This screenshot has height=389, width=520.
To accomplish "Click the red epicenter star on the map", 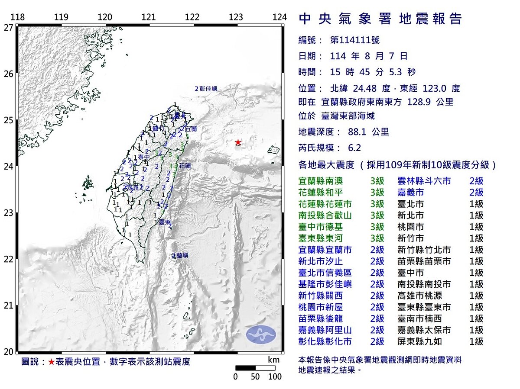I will [x=237, y=142].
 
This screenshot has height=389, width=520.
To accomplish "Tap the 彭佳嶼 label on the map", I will [x=208, y=89].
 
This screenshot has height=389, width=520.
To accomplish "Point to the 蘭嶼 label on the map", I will [x=181, y=256].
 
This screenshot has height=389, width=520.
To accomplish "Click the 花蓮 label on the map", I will [x=185, y=165].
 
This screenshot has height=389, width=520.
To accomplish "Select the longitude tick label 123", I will [x=236, y=17].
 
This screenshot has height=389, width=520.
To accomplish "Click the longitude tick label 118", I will [x=17, y=17].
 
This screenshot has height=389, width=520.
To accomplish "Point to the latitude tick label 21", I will [x=8, y=305].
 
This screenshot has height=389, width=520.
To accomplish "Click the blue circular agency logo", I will [x=261, y=334].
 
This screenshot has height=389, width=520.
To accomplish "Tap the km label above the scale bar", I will [x=273, y=360].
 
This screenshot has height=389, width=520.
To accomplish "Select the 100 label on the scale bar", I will [x=275, y=376].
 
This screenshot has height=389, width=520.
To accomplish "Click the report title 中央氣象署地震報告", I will [x=381, y=19].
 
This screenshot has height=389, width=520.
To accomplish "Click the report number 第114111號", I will [x=354, y=40].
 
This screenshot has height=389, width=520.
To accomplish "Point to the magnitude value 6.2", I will [x=354, y=148].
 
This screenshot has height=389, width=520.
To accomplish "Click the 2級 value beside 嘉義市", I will [x=476, y=193].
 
